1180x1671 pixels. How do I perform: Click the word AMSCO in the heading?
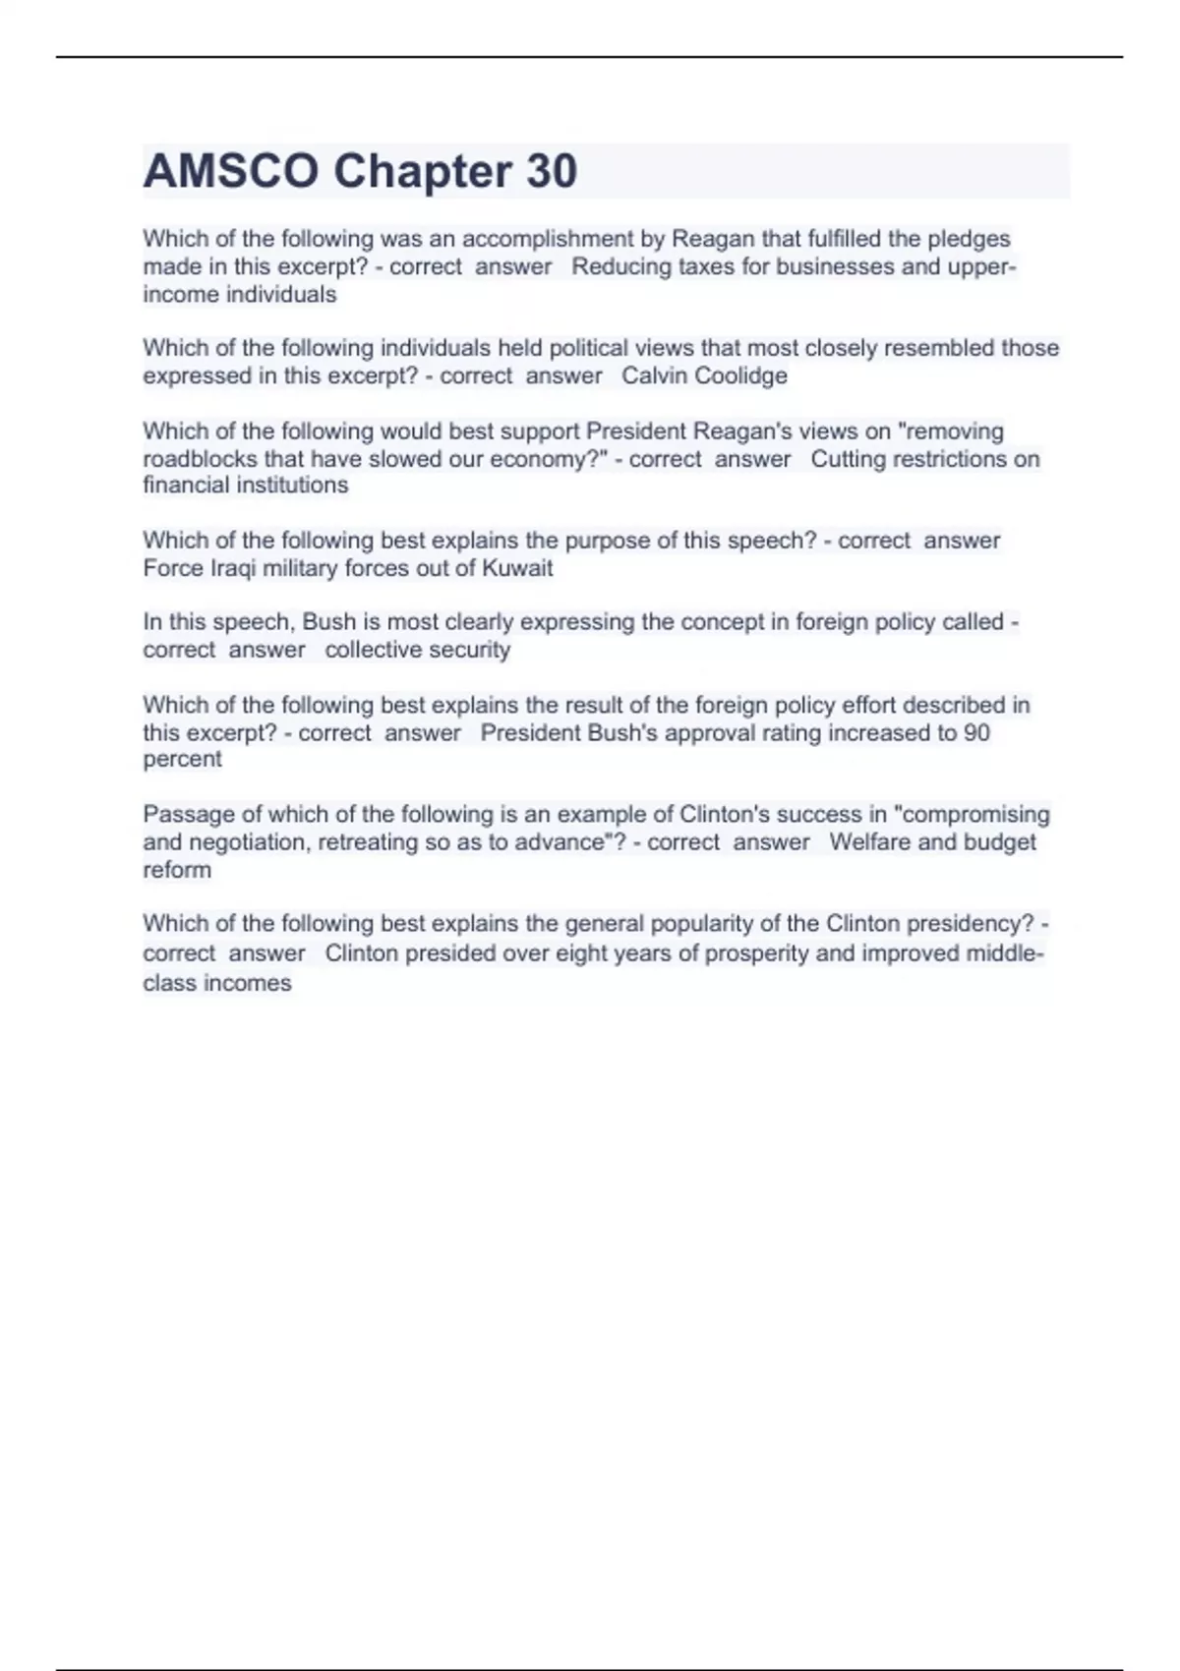230,171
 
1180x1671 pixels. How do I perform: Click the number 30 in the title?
551,171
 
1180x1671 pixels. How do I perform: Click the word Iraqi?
233,568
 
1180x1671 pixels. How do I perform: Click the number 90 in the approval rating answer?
976,732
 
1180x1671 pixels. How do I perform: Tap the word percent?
182,759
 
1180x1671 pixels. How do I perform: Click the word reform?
177,870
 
